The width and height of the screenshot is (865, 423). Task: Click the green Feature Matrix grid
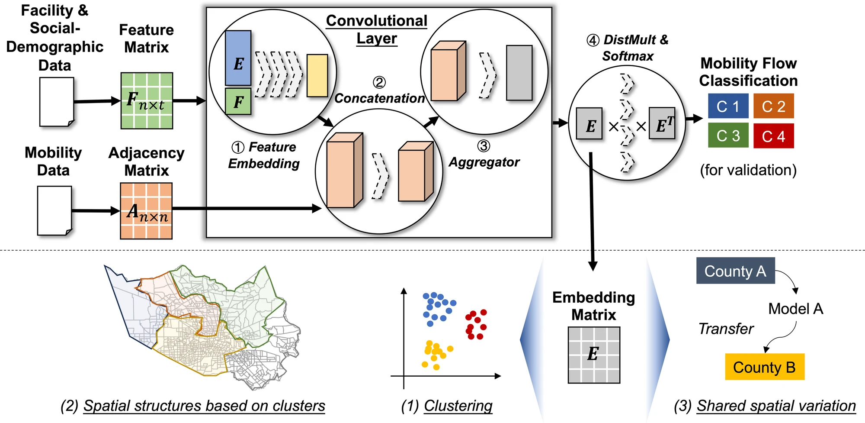click(147, 101)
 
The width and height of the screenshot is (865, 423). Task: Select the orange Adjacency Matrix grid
click(146, 211)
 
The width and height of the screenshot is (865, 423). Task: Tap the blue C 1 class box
click(728, 106)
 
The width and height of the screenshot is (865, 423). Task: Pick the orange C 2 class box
click(773, 106)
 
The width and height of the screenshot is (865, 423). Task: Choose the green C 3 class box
click(728, 136)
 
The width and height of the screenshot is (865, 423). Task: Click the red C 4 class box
click(773, 136)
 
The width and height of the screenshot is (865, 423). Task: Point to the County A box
click(735, 271)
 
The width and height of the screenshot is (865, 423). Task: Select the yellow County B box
click(764, 367)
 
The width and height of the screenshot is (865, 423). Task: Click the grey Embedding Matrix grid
click(593, 355)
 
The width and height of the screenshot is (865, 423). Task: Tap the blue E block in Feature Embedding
click(238, 58)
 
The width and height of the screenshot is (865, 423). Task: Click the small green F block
click(238, 101)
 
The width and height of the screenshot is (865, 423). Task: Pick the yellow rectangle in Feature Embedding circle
click(317, 75)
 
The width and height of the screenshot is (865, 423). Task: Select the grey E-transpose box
click(662, 123)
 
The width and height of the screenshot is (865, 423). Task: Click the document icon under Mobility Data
click(54, 211)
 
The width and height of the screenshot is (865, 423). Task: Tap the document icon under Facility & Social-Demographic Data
click(57, 102)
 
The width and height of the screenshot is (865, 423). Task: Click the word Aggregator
click(484, 162)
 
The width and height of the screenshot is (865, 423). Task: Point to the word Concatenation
click(379, 98)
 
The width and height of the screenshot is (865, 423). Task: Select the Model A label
click(795, 309)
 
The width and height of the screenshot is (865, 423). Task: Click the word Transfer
click(726, 329)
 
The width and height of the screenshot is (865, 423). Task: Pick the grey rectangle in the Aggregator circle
click(519, 73)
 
